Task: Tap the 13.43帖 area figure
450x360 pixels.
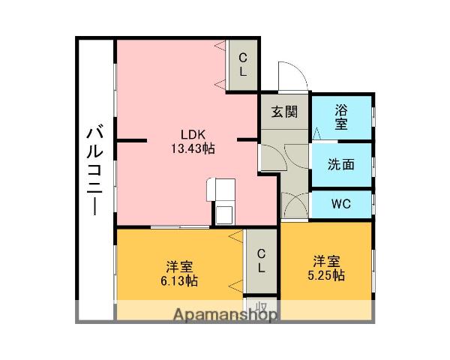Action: coord(192,148)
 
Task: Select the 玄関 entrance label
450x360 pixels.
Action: coord(284,112)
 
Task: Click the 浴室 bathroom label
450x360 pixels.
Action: coord(341,115)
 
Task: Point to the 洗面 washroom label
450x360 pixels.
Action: coord(340,164)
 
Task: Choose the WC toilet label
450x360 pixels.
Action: coord(340,203)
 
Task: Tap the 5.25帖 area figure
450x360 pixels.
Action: coord(328,275)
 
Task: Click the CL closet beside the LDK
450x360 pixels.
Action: coord(243,65)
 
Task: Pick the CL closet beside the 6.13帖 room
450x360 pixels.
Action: coord(261,260)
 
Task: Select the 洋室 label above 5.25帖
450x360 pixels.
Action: coord(328,261)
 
